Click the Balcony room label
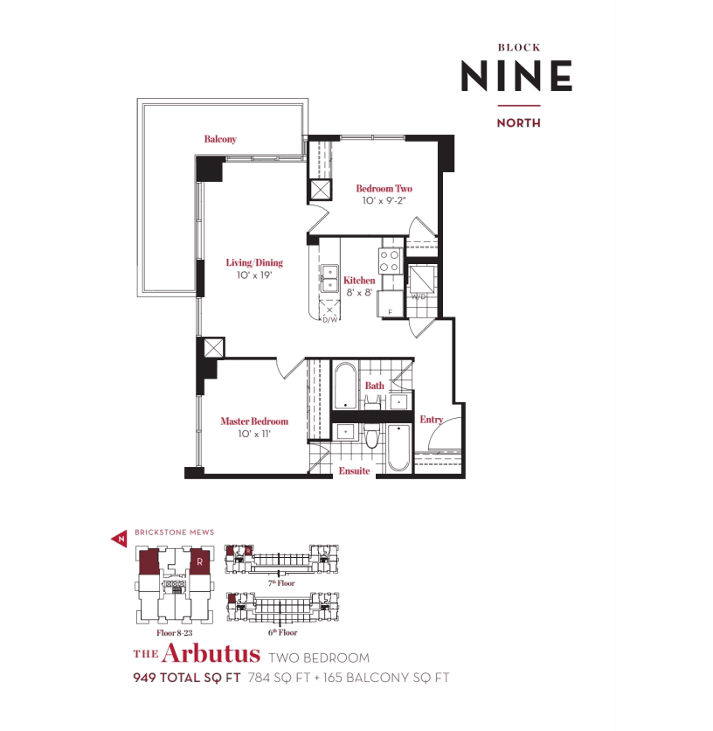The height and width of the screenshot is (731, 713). [x=220, y=139]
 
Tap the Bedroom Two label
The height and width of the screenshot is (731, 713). [x=384, y=188]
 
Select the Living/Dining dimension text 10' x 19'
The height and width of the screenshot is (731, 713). [x=254, y=275]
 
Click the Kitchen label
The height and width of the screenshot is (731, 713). [x=359, y=280]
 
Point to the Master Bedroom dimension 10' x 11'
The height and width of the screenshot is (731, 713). [x=254, y=434]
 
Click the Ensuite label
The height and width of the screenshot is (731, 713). [x=354, y=470]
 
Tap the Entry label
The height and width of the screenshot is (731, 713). [x=431, y=420]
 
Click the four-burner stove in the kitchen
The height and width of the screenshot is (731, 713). [x=391, y=261]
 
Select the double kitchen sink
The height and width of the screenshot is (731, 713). [x=329, y=278]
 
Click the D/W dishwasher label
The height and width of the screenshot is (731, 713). [x=330, y=320]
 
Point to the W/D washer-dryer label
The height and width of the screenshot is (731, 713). [x=419, y=296]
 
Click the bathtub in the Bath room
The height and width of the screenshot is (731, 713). [x=345, y=386]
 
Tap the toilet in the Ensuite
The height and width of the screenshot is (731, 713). [x=371, y=435]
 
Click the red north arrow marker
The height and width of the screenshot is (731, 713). [x=120, y=540]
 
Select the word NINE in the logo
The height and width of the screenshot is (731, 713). [x=516, y=75]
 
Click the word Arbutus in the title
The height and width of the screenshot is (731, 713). [x=211, y=653]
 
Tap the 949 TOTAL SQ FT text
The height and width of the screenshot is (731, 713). [x=187, y=678]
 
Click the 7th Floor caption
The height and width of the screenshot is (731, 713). [x=281, y=582]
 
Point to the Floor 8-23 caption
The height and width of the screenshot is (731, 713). [x=174, y=633]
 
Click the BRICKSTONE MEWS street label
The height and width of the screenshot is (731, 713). [x=174, y=533]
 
